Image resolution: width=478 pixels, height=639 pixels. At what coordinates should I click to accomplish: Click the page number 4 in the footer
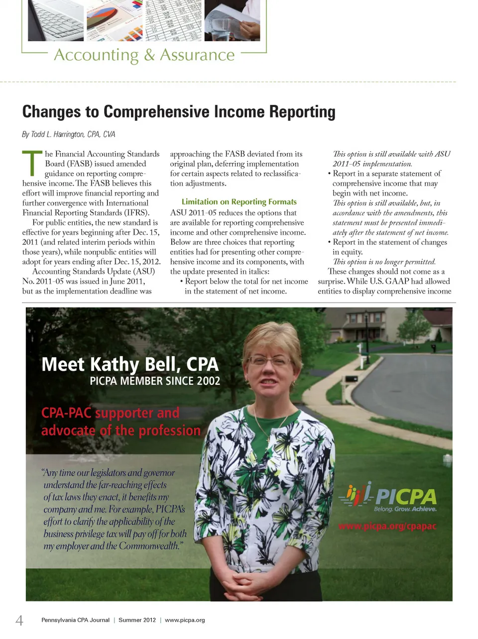click(19, 620)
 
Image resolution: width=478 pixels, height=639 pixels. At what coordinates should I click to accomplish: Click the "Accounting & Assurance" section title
click(144, 55)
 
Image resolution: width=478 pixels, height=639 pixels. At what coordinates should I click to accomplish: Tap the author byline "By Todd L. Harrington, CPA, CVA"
click(69, 134)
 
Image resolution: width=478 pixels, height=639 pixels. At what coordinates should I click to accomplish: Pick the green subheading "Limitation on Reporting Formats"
click(239, 202)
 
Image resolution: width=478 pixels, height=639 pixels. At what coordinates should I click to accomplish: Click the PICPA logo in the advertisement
click(388, 497)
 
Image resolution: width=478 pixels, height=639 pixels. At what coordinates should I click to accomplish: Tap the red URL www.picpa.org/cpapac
click(387, 526)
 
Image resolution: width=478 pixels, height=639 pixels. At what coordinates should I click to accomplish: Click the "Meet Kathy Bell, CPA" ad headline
click(130, 364)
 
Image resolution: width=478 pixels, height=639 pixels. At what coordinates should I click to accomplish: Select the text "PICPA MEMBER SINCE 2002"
click(155, 381)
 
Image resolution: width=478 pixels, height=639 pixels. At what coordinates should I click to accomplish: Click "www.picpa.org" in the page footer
click(185, 620)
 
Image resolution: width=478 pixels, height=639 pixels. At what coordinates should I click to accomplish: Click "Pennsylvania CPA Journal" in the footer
click(75, 620)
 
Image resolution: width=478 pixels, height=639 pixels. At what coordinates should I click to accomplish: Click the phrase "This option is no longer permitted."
click(384, 262)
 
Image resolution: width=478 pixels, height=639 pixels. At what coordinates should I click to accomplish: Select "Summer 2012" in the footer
click(137, 620)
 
